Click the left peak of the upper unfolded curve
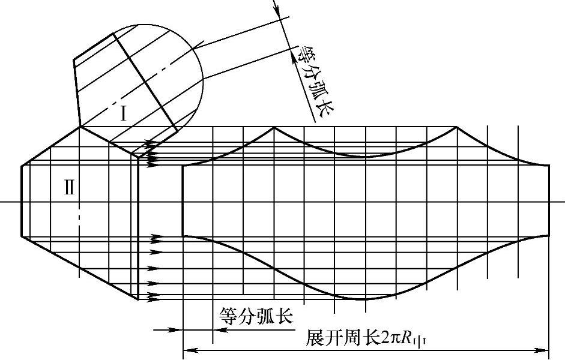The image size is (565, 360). [x=274, y=127]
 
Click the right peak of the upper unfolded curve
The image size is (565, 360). [x=457, y=127]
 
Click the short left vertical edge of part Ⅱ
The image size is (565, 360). [x=22, y=200]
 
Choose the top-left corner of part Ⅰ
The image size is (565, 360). [x=74, y=59]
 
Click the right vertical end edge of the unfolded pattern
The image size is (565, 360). [x=549, y=200]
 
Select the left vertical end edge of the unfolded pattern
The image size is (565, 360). [x=183, y=200]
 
